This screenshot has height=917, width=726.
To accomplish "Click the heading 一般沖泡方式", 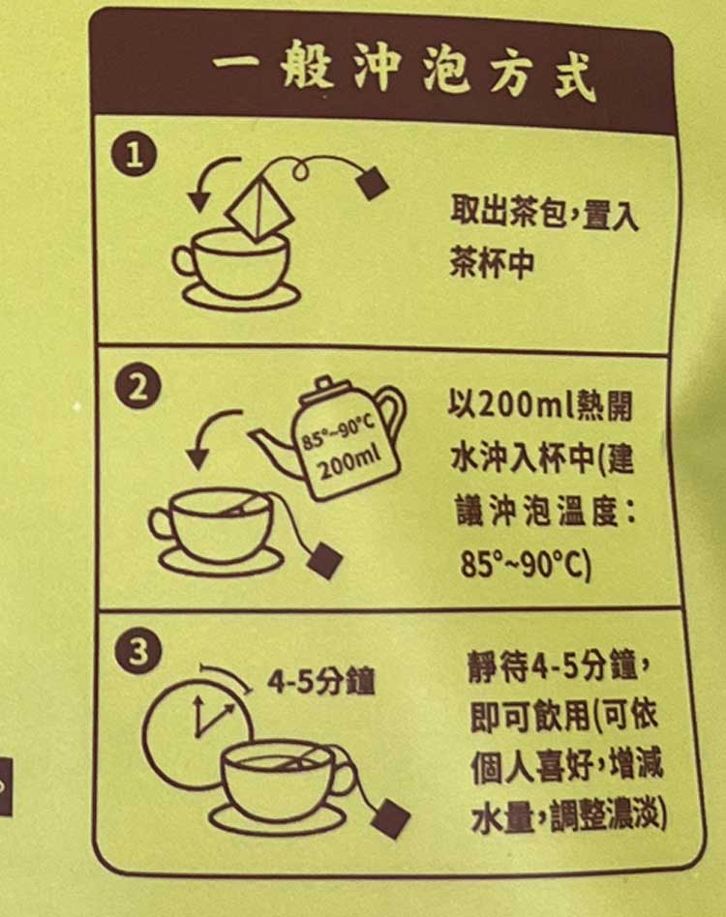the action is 405,74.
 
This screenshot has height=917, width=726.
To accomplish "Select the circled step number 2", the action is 138,388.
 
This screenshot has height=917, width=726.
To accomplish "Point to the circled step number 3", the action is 138,650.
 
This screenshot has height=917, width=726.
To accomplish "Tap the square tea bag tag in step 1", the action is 372,183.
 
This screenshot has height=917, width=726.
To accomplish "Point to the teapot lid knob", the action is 324,384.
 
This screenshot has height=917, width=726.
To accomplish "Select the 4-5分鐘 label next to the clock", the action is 321,681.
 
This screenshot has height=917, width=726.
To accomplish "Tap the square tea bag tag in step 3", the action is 391,817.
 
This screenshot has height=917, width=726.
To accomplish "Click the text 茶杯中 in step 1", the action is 492,262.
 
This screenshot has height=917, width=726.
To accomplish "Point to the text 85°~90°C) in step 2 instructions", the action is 526,564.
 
